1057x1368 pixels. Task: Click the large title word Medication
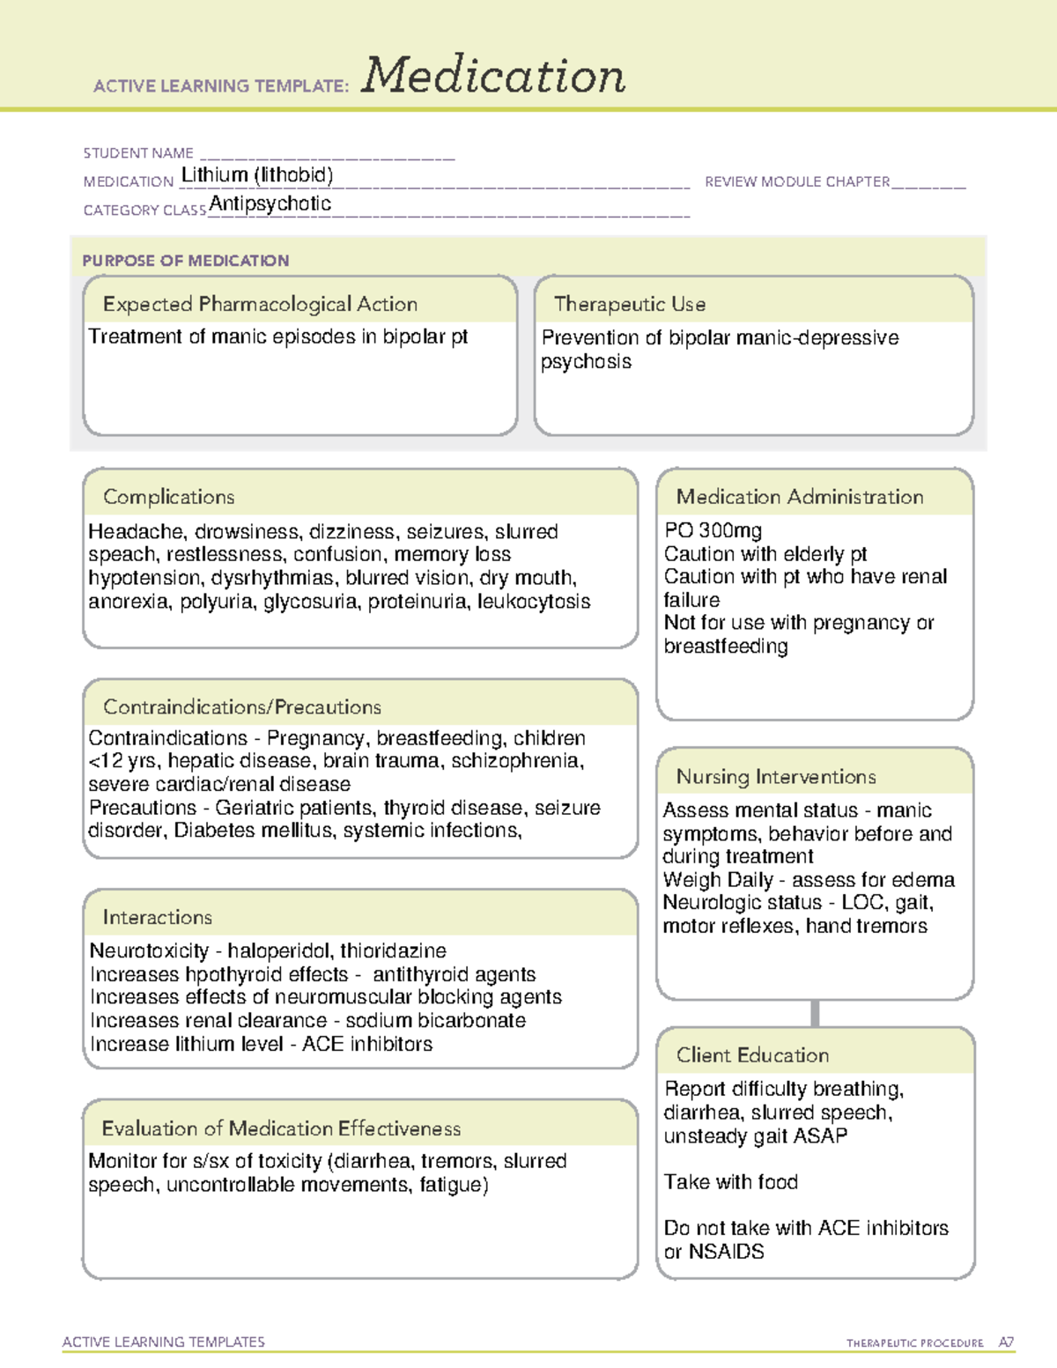tap(493, 76)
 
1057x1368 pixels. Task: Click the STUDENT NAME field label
tap(138, 153)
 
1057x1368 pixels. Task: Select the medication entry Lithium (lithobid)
tap(257, 175)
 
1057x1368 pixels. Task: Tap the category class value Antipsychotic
tap(270, 203)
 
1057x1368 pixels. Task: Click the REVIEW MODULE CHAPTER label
tap(797, 181)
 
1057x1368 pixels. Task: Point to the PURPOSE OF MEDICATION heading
tap(186, 261)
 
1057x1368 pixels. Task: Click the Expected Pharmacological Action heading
tap(260, 304)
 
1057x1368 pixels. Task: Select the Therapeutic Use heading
tap(630, 304)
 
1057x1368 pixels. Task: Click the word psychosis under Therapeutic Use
tap(586, 362)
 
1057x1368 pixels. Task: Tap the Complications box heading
tap(169, 497)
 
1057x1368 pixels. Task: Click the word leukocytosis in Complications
tap(534, 602)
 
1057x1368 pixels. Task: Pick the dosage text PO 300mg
tap(713, 530)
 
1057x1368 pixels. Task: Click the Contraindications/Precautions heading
tap(242, 707)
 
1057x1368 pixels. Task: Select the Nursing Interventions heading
tap(776, 777)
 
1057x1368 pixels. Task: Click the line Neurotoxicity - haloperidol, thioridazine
tap(268, 951)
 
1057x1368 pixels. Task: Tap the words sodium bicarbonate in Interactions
tap(435, 1021)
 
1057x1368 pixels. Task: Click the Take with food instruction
tap(731, 1182)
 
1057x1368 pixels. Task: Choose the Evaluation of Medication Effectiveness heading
tap(281, 1128)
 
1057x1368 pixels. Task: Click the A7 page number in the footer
tap(1005, 1342)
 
